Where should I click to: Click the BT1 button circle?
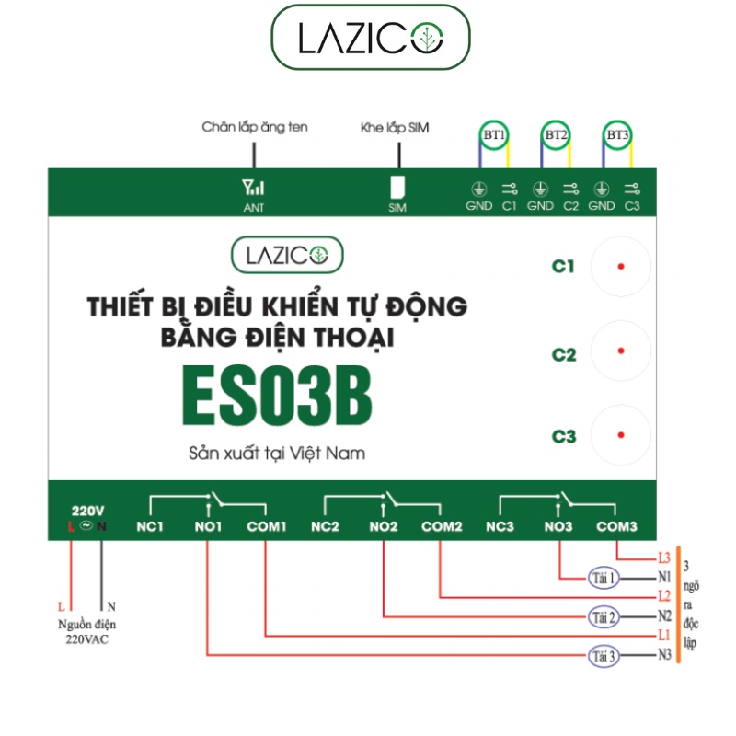click(x=494, y=121)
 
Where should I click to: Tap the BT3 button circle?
click(x=616, y=121)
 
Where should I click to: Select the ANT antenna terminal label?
click(x=254, y=208)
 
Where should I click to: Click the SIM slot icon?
click(x=397, y=188)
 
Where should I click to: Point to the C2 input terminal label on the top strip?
click(x=570, y=205)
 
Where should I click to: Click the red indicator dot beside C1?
click(x=621, y=267)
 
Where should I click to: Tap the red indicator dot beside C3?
click(x=621, y=435)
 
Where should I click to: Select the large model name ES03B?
click(x=278, y=396)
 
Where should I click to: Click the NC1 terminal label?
click(x=150, y=526)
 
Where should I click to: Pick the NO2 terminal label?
click(x=383, y=526)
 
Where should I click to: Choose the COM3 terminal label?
click(x=616, y=526)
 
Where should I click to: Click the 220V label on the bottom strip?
click(x=87, y=511)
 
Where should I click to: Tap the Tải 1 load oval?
click(x=604, y=578)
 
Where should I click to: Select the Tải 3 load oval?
click(x=604, y=656)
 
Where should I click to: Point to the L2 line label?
click(x=664, y=596)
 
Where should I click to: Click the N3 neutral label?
click(x=664, y=654)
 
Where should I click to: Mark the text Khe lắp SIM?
click(x=395, y=128)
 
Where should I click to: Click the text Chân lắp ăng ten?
click(x=255, y=127)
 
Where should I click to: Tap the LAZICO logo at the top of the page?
click(x=371, y=38)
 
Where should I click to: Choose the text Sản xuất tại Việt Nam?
click(x=277, y=454)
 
